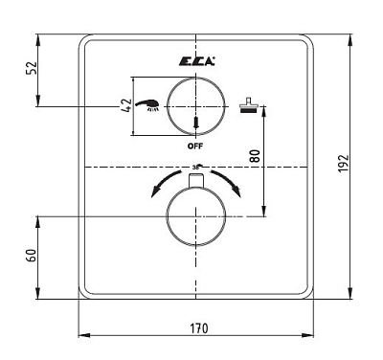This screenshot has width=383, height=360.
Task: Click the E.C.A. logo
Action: pyautogui.click(x=196, y=61)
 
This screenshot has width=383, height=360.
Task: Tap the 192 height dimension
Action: pyautogui.click(x=344, y=164)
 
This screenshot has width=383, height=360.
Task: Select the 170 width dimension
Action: pyautogui.click(x=199, y=328)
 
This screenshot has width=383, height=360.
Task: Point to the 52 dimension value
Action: pyautogui.click(x=32, y=68)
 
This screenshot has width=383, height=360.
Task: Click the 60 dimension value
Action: pyautogui.click(x=32, y=256)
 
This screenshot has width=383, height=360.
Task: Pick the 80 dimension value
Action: pyautogui.click(x=256, y=156)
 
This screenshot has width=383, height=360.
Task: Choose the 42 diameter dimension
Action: pyautogui.click(x=126, y=105)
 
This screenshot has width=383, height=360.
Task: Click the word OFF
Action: pyautogui.click(x=195, y=146)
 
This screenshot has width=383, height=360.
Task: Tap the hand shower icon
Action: pyautogui.click(x=147, y=105)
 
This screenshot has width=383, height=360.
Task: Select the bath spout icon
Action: pyautogui.click(x=248, y=106)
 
